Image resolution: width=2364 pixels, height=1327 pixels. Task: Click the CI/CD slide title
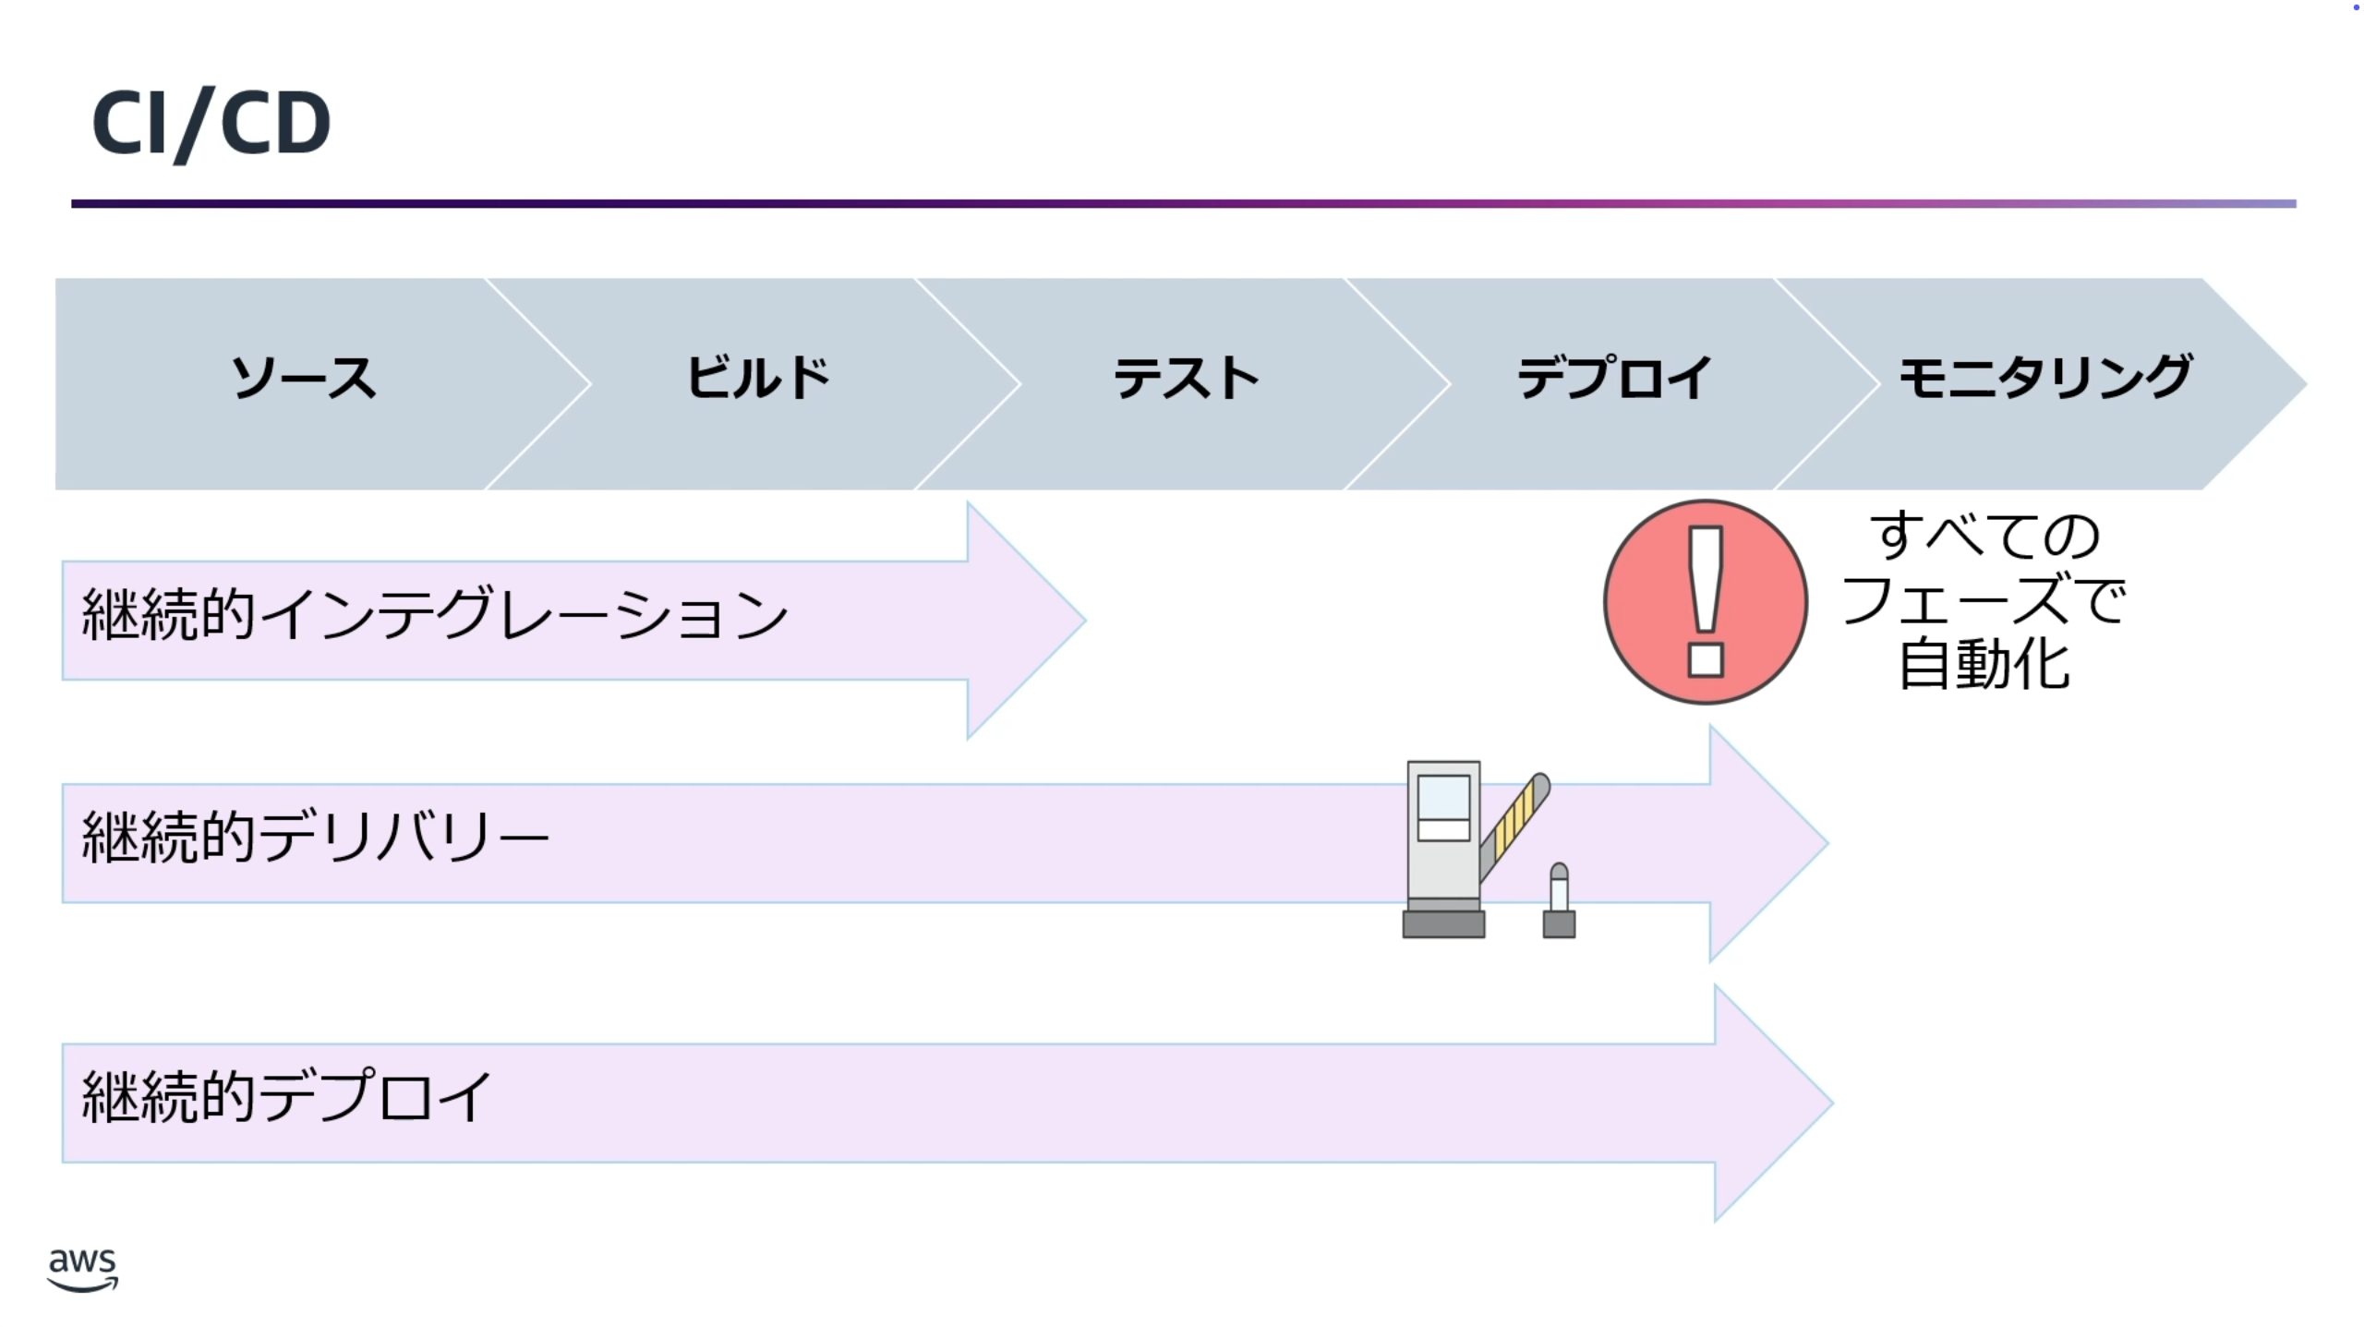pyautogui.click(x=211, y=123)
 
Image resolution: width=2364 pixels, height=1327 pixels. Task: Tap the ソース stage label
pyautogui.click(x=303, y=379)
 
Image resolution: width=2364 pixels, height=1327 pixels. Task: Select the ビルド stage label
pyautogui.click(x=757, y=379)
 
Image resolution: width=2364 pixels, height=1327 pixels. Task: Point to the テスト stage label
pyautogui.click(x=1186, y=379)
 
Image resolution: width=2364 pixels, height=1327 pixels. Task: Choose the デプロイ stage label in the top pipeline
pyautogui.click(x=1614, y=379)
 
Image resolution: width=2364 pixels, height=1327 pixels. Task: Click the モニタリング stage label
pyautogui.click(x=2044, y=379)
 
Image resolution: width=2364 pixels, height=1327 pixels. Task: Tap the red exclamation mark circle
pyautogui.click(x=1705, y=602)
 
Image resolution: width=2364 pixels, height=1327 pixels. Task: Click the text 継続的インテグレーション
pyautogui.click(x=434, y=614)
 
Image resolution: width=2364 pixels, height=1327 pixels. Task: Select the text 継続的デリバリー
pyautogui.click(x=314, y=837)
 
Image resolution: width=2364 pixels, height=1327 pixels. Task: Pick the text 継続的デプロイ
pyautogui.click(x=286, y=1097)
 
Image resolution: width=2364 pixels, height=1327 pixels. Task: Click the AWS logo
pyautogui.click(x=82, y=1269)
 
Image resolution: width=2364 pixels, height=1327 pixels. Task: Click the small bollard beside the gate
pyautogui.click(x=1559, y=903)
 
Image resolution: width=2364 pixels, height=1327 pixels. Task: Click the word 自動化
pyautogui.click(x=1984, y=665)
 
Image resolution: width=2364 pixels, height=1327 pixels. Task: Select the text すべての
pyautogui.click(x=1984, y=536)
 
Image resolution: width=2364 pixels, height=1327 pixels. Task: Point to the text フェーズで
pyautogui.click(x=1984, y=600)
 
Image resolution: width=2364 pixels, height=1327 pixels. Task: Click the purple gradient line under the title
pyautogui.click(x=1182, y=203)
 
